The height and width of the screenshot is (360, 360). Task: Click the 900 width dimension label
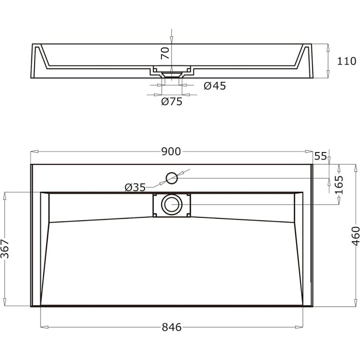point(171,152)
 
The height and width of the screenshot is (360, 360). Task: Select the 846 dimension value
point(171,327)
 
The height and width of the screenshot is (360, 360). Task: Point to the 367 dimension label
point(4,249)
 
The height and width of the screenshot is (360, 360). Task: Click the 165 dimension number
point(339,185)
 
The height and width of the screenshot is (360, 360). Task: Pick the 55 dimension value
point(320,156)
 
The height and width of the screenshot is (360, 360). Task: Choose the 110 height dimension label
point(346,61)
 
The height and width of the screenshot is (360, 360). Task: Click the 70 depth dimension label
point(165,53)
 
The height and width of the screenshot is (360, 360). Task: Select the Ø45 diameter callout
point(215,86)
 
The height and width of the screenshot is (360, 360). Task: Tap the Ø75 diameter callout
point(172,102)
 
